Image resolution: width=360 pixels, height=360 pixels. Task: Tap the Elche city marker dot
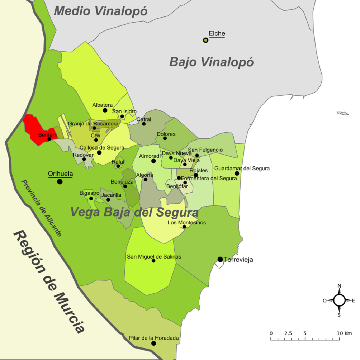pos(206,40)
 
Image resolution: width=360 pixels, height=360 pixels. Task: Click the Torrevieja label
pos(239,260)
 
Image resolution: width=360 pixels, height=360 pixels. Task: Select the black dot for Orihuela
pos(60,181)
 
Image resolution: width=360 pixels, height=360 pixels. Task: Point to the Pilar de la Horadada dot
pos(153,343)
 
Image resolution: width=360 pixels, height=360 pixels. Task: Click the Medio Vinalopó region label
pos(100,11)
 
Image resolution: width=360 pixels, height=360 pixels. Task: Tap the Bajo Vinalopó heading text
pos(211,62)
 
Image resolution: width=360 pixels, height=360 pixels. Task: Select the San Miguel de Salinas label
pos(154,257)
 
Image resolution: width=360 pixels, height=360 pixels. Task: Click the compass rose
pos(339,300)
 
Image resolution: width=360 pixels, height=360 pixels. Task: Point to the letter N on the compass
pos(339,286)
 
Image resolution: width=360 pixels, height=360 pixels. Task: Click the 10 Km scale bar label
pos(344,333)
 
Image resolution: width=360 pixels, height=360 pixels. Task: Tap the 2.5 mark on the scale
pos(288,333)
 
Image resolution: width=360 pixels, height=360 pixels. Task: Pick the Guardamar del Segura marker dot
pos(237,173)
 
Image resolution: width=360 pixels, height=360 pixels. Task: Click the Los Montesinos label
pos(187,223)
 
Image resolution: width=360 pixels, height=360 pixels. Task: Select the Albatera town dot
pos(105,110)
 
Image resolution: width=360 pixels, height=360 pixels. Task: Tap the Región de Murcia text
pos(49,281)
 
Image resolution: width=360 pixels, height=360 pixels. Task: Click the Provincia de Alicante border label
pos(41,208)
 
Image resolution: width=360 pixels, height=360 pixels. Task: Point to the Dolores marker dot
pos(165,138)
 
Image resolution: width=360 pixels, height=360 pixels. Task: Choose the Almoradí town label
pos(150,156)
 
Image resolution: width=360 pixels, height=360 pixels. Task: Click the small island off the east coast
pos(343,113)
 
